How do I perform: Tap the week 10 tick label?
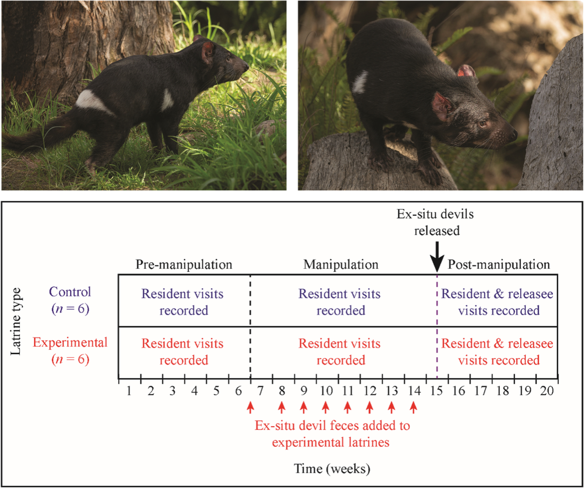pos(326,390)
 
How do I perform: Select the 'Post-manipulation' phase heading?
pos(499,265)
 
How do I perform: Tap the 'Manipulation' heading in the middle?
pos(341,265)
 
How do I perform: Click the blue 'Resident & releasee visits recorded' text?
pos(497,302)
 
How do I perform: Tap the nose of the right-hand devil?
pos(515,136)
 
